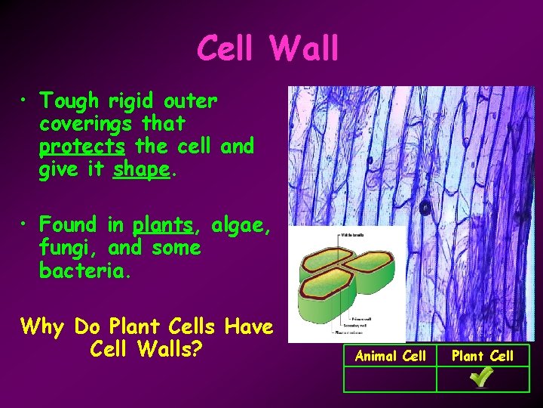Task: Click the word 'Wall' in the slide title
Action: pos(303,50)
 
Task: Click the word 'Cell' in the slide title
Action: pos(227,50)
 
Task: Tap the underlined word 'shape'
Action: pos(141,170)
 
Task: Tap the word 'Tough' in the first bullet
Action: pos(69,100)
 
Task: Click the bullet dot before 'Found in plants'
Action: pos(26,224)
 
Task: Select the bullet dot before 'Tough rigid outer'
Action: pos(26,100)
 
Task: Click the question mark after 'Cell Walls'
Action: pos(201,351)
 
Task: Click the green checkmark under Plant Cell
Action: pos(482,377)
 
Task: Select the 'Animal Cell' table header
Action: pos(390,356)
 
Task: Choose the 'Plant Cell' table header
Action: pos(483,356)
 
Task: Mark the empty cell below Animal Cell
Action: pos(390,379)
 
